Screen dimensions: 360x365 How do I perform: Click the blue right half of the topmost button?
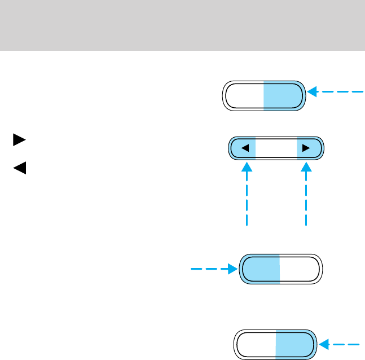284,96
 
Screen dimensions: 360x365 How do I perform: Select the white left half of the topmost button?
244,96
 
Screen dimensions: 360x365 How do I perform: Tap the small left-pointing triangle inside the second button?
245,148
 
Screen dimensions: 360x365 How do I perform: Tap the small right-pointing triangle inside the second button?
306,148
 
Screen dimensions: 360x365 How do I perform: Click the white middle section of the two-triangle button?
276,148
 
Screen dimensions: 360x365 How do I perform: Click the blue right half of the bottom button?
294,344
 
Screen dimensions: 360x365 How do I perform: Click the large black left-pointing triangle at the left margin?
19,168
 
